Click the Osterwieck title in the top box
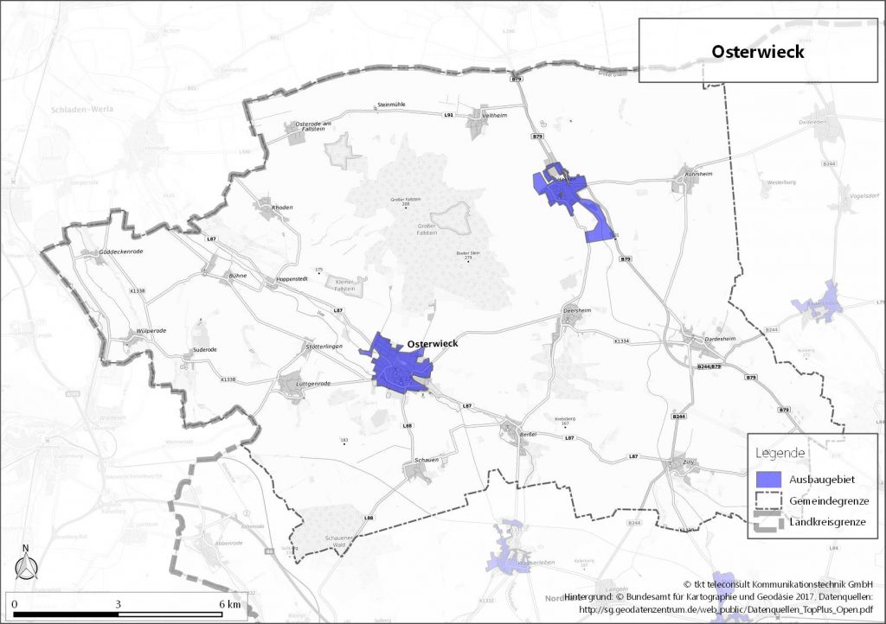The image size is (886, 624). coord(758,52)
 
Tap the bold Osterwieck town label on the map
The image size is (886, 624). coord(432,343)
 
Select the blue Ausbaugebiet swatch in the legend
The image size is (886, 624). coord(768,478)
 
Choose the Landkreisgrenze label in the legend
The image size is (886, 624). coord(827,522)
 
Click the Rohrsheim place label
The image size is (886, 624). coord(697,171)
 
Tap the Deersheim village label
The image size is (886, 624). coord(576,309)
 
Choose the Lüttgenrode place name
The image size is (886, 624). coord(313,383)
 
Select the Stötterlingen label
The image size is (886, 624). coord(324,346)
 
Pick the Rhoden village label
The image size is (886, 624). coord(283,207)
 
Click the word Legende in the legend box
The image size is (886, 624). coord(780,453)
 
